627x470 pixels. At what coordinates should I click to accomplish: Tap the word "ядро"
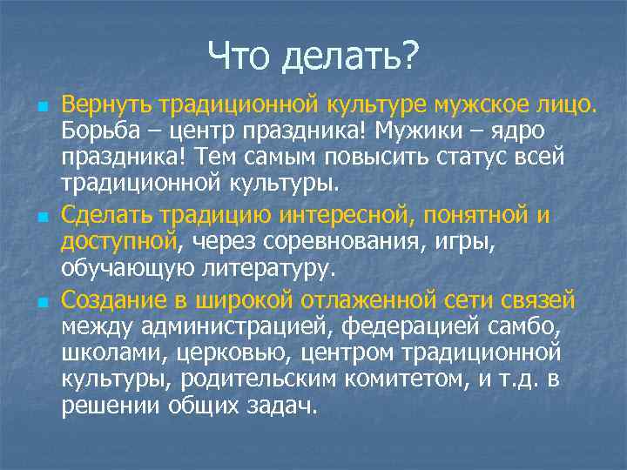point(521,133)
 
